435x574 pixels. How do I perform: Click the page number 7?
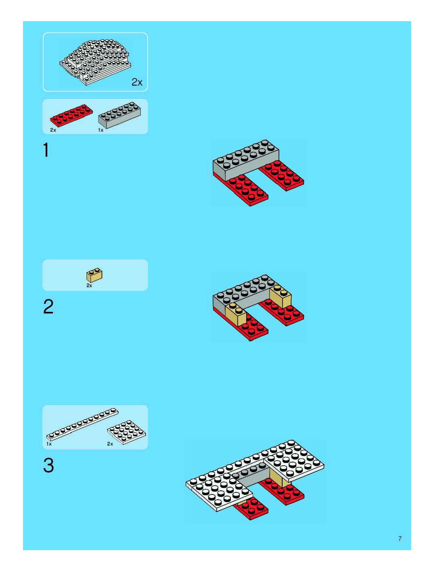400,539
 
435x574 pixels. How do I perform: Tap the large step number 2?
48,306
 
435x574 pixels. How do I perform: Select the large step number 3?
49,465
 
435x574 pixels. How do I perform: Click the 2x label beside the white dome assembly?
137,82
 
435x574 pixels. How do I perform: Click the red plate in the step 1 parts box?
71,116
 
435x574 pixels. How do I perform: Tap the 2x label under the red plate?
53,130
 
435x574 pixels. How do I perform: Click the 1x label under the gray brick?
101,130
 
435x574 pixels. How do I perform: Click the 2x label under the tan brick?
89,285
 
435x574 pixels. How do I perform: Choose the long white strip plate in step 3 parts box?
82,425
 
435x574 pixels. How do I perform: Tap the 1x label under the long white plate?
49,444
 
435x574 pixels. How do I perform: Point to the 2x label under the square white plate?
110,444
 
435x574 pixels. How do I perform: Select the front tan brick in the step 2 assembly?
235,313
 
